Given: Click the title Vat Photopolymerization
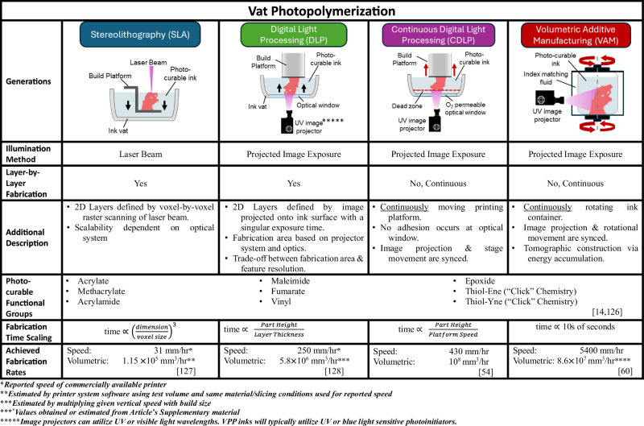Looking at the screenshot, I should [322, 11].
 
